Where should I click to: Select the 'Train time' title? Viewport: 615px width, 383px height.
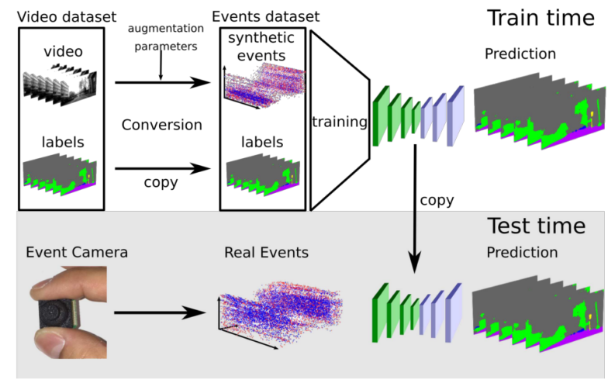(541, 18)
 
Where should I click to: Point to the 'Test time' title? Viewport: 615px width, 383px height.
(535, 226)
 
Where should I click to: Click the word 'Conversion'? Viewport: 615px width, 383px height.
(162, 125)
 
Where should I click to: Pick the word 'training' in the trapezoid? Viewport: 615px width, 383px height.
(338, 122)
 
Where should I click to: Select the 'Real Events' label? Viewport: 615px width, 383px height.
(266, 253)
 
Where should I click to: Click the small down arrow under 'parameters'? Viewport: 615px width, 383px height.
(161, 71)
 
